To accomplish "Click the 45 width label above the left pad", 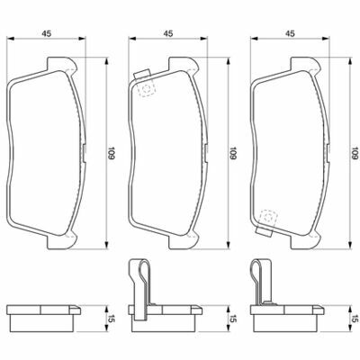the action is click(x=46, y=33).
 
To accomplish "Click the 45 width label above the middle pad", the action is click(x=168, y=33).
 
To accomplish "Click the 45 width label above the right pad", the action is click(x=290, y=33).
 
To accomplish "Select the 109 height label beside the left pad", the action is click(x=112, y=153).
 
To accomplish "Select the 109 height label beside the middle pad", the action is click(x=233, y=153).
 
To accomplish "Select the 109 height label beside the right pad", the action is click(x=355, y=153).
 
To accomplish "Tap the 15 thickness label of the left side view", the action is click(x=112, y=319).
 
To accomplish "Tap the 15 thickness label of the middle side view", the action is click(x=233, y=319).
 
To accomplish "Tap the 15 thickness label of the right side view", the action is click(x=355, y=319).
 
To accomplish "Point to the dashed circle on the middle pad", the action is click(x=146, y=88).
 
